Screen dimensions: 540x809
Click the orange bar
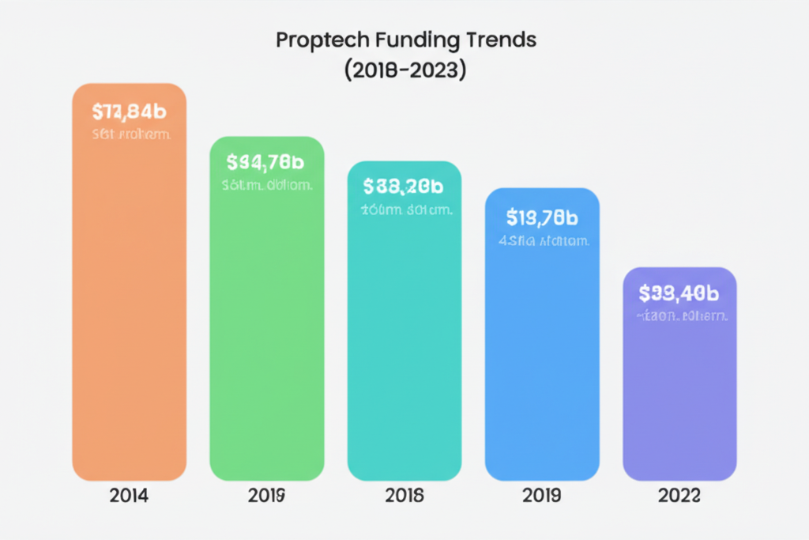(x=129, y=300)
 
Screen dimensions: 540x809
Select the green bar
(x=266, y=332)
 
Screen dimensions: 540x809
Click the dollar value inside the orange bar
(x=129, y=111)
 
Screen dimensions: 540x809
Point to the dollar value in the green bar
(x=265, y=163)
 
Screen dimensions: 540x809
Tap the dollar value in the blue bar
(x=542, y=216)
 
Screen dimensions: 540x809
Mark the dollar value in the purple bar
(x=679, y=293)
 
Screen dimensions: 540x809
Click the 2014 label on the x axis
(x=129, y=497)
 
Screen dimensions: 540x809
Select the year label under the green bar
(x=266, y=497)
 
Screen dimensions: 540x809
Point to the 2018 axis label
(x=404, y=497)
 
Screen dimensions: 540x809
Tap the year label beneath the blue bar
(x=542, y=497)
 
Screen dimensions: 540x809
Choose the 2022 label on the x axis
(x=679, y=497)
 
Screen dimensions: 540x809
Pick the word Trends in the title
(x=502, y=41)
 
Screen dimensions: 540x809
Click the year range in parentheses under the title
(x=405, y=70)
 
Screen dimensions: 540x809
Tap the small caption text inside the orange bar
(x=131, y=134)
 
